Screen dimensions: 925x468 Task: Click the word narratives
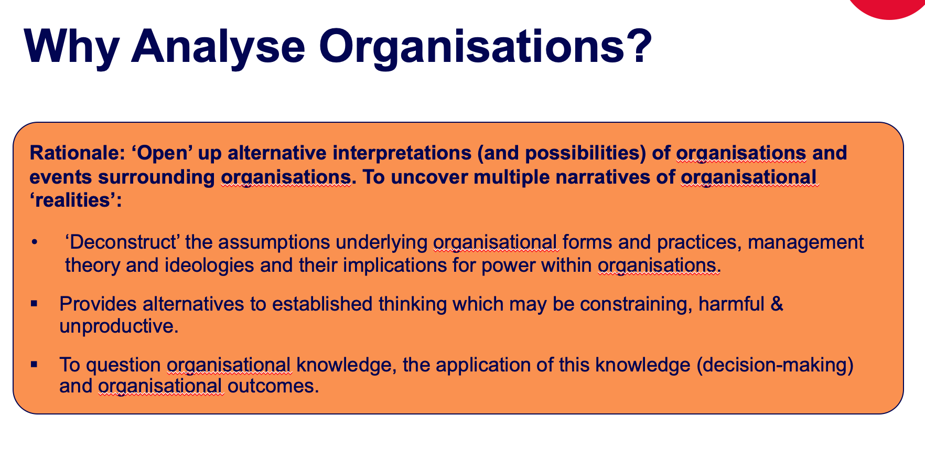pos(610,177)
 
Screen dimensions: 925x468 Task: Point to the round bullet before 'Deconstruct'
pos(35,242)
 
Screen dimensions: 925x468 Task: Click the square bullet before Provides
pos(35,303)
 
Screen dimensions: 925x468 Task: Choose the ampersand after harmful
pos(777,303)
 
